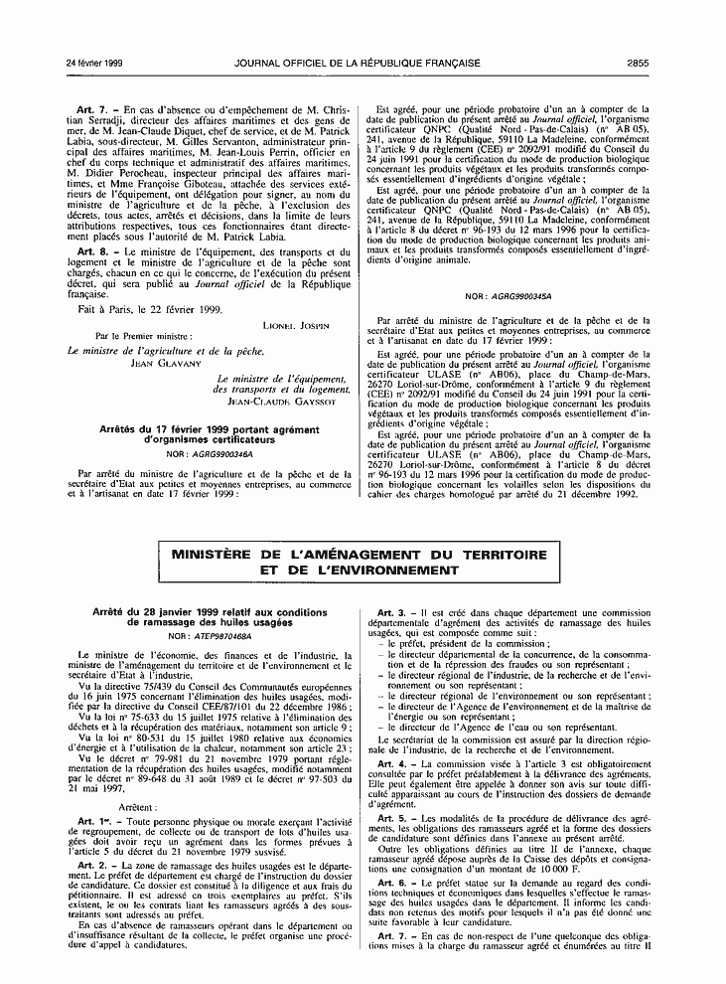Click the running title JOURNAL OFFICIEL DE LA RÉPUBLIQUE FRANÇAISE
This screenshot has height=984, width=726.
click(x=363, y=63)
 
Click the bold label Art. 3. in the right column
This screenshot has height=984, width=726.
click(x=391, y=611)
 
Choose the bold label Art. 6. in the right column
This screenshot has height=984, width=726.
click(x=391, y=855)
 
